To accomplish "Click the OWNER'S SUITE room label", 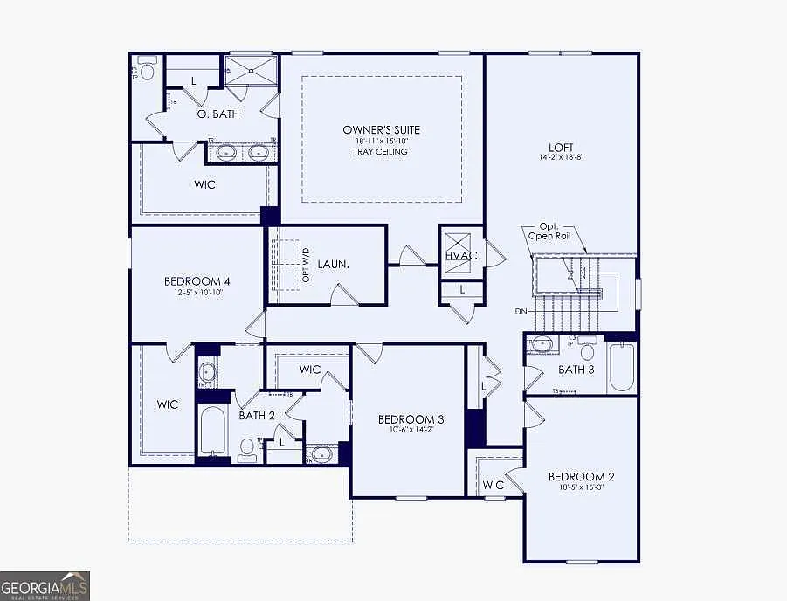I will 381,129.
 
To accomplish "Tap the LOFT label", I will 561,147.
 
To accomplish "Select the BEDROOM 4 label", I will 197,281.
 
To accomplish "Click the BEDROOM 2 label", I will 581,476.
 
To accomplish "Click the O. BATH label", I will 217,114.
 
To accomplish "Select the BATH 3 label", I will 576,370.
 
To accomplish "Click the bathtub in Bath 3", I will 621,369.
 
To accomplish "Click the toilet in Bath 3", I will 587,350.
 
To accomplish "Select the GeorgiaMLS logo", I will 45,585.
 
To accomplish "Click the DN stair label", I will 521,311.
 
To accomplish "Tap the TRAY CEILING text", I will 381,152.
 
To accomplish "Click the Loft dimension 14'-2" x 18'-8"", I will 561,158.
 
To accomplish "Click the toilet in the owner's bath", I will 147,70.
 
